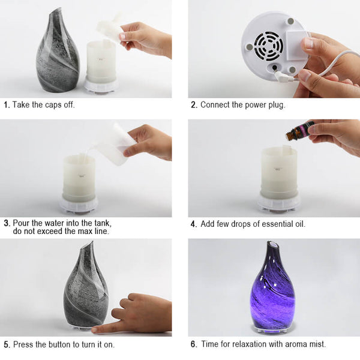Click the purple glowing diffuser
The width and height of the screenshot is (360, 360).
[272, 287]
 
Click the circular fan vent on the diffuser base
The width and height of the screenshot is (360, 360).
[268, 46]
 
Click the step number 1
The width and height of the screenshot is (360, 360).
[7, 105]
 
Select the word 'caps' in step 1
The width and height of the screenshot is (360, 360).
[53, 105]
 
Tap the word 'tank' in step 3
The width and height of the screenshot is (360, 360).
[103, 223]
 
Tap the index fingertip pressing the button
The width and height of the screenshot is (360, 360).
[95, 330]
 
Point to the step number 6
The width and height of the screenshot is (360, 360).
[194, 344]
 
